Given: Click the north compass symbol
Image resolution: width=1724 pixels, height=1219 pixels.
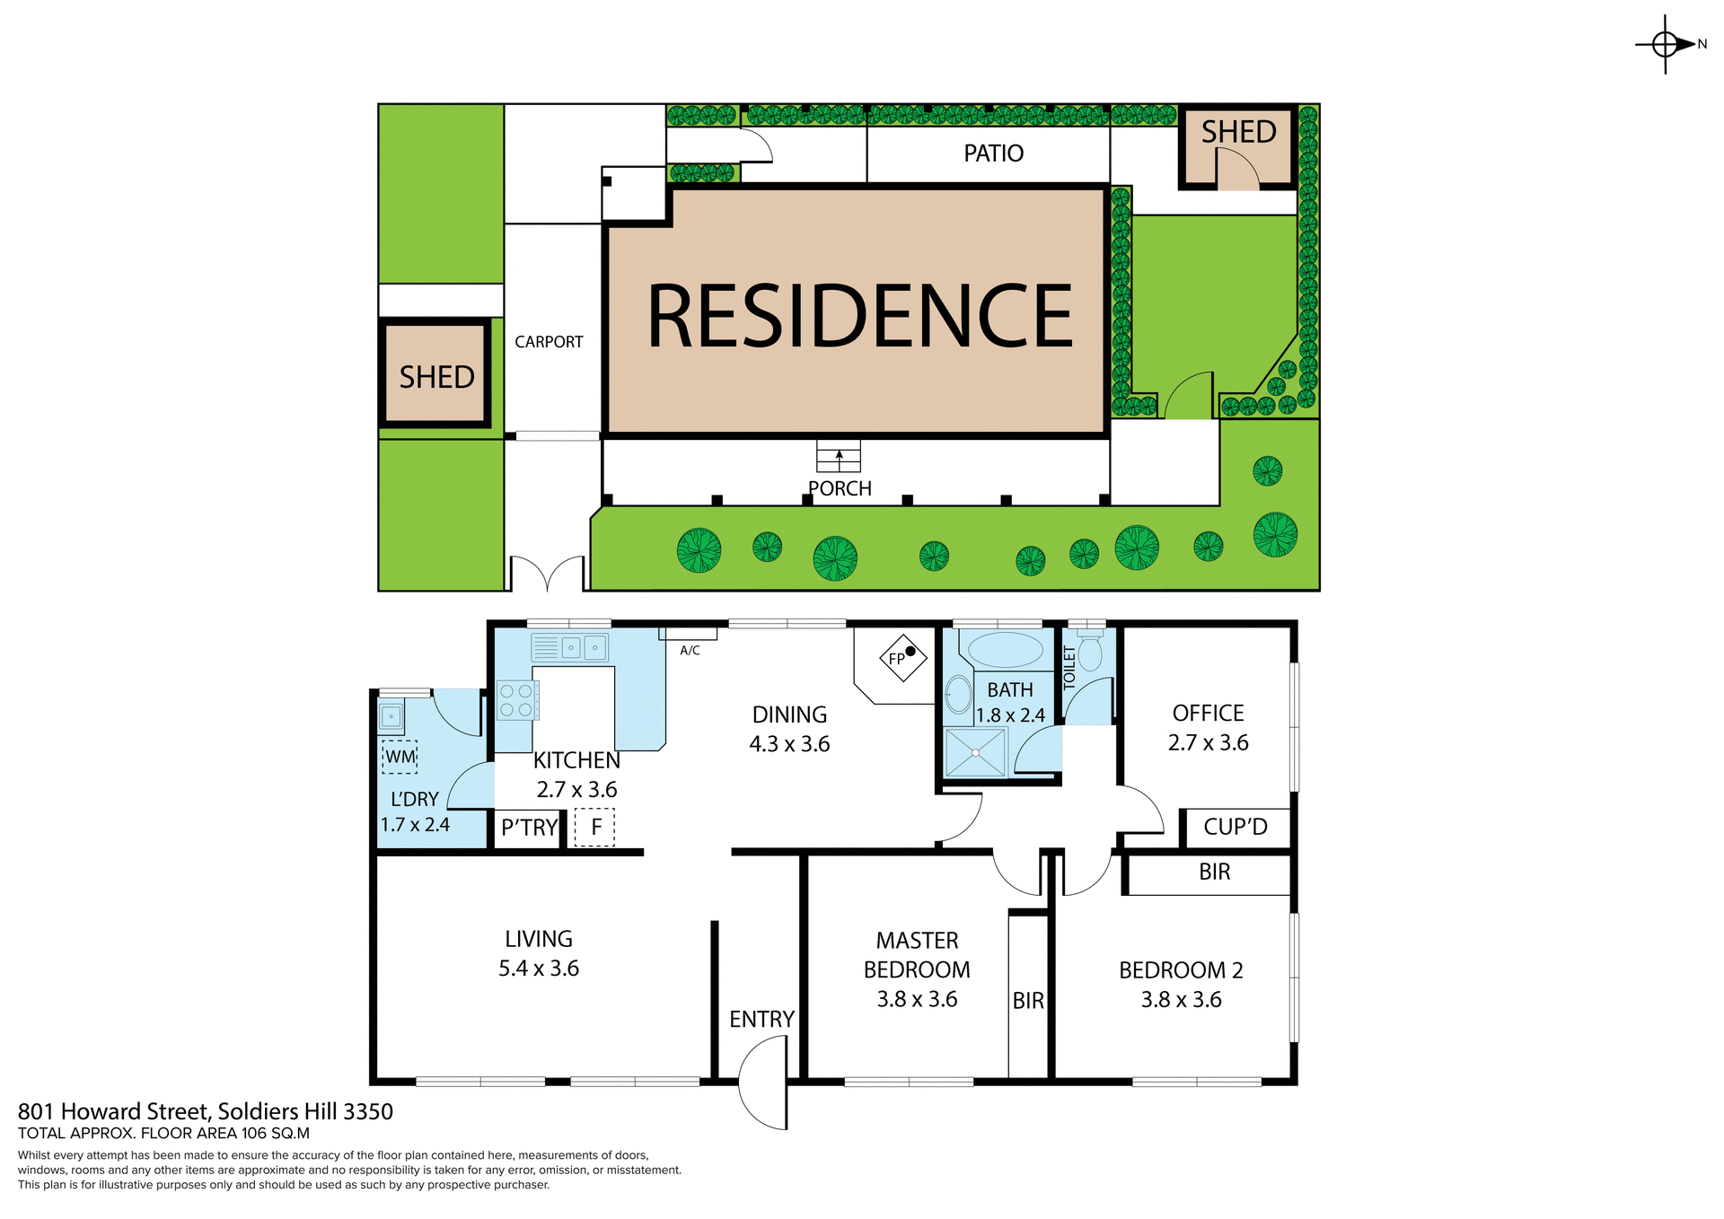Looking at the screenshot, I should pyautogui.click(x=1666, y=44).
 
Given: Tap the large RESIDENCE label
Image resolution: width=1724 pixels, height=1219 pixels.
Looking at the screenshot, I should pyautogui.click(x=859, y=316).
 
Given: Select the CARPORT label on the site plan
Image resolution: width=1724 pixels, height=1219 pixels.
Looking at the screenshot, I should pyautogui.click(x=549, y=342).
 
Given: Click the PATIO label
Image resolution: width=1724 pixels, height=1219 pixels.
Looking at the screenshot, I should pyautogui.click(x=993, y=153).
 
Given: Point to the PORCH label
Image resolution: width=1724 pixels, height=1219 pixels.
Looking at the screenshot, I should pyautogui.click(x=840, y=488).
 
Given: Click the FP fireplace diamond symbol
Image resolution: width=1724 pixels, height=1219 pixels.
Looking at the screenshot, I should pyautogui.click(x=902, y=658).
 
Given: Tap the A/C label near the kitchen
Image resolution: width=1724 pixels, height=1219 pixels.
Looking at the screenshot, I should pyautogui.click(x=690, y=650).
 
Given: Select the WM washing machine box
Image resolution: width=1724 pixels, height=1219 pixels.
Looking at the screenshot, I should pyautogui.click(x=400, y=757).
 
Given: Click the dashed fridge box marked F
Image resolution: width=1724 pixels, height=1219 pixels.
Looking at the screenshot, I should pyautogui.click(x=594, y=827).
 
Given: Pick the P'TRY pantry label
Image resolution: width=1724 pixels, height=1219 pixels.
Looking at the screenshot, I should pyautogui.click(x=529, y=828).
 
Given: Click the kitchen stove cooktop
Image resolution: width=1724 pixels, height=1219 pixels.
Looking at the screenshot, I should pyautogui.click(x=516, y=700).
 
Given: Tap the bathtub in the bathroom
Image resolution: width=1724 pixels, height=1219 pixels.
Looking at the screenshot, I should pyautogui.click(x=1006, y=649).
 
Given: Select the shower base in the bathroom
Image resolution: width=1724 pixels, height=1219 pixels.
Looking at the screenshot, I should pyautogui.click(x=975, y=752).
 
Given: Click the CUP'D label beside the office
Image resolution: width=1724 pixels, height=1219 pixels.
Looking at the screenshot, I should pyautogui.click(x=1235, y=827).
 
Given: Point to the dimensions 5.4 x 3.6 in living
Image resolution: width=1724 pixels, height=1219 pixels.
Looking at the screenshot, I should pyautogui.click(x=539, y=969).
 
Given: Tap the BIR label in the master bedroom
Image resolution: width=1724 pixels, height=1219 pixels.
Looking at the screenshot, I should pyautogui.click(x=1028, y=1001).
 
